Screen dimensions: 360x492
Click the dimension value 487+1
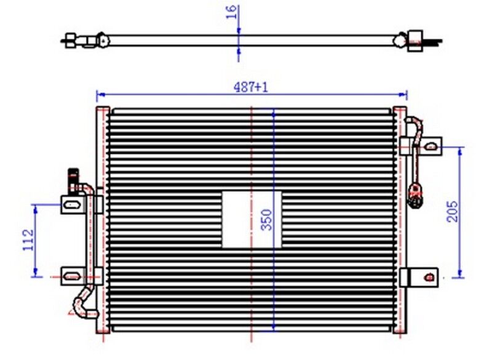(x=251, y=87)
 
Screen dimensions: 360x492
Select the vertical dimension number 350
(x=266, y=220)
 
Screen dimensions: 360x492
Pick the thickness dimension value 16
(x=232, y=13)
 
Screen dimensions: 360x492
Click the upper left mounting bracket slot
(x=72, y=202)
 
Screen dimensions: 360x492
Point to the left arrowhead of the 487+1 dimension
(x=100, y=95)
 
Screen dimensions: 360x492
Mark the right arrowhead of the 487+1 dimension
(x=403, y=95)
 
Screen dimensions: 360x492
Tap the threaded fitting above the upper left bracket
(x=72, y=178)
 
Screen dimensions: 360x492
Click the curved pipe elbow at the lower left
(x=81, y=304)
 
